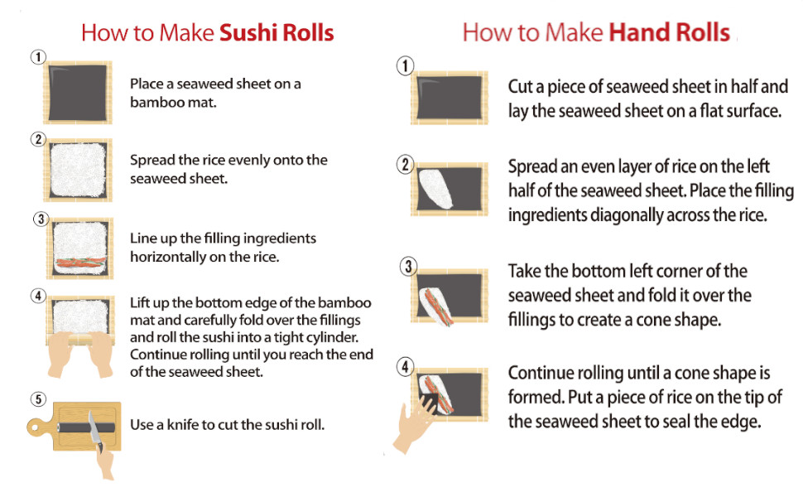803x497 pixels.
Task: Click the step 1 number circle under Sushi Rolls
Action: coord(38,56)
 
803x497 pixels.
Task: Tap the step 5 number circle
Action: coord(38,398)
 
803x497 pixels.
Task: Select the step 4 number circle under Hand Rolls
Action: coord(406,366)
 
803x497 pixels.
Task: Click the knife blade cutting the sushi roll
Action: coord(94,427)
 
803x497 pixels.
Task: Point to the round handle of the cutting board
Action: coord(36,427)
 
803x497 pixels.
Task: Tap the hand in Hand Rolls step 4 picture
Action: coord(414,423)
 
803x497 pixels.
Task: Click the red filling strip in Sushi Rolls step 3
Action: coord(80,263)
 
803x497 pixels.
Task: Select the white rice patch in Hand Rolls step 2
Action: coord(435,189)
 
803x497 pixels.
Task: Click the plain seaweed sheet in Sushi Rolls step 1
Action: coord(78,93)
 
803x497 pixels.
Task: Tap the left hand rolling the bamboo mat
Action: coord(61,354)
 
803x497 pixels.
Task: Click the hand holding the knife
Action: coord(105,463)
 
